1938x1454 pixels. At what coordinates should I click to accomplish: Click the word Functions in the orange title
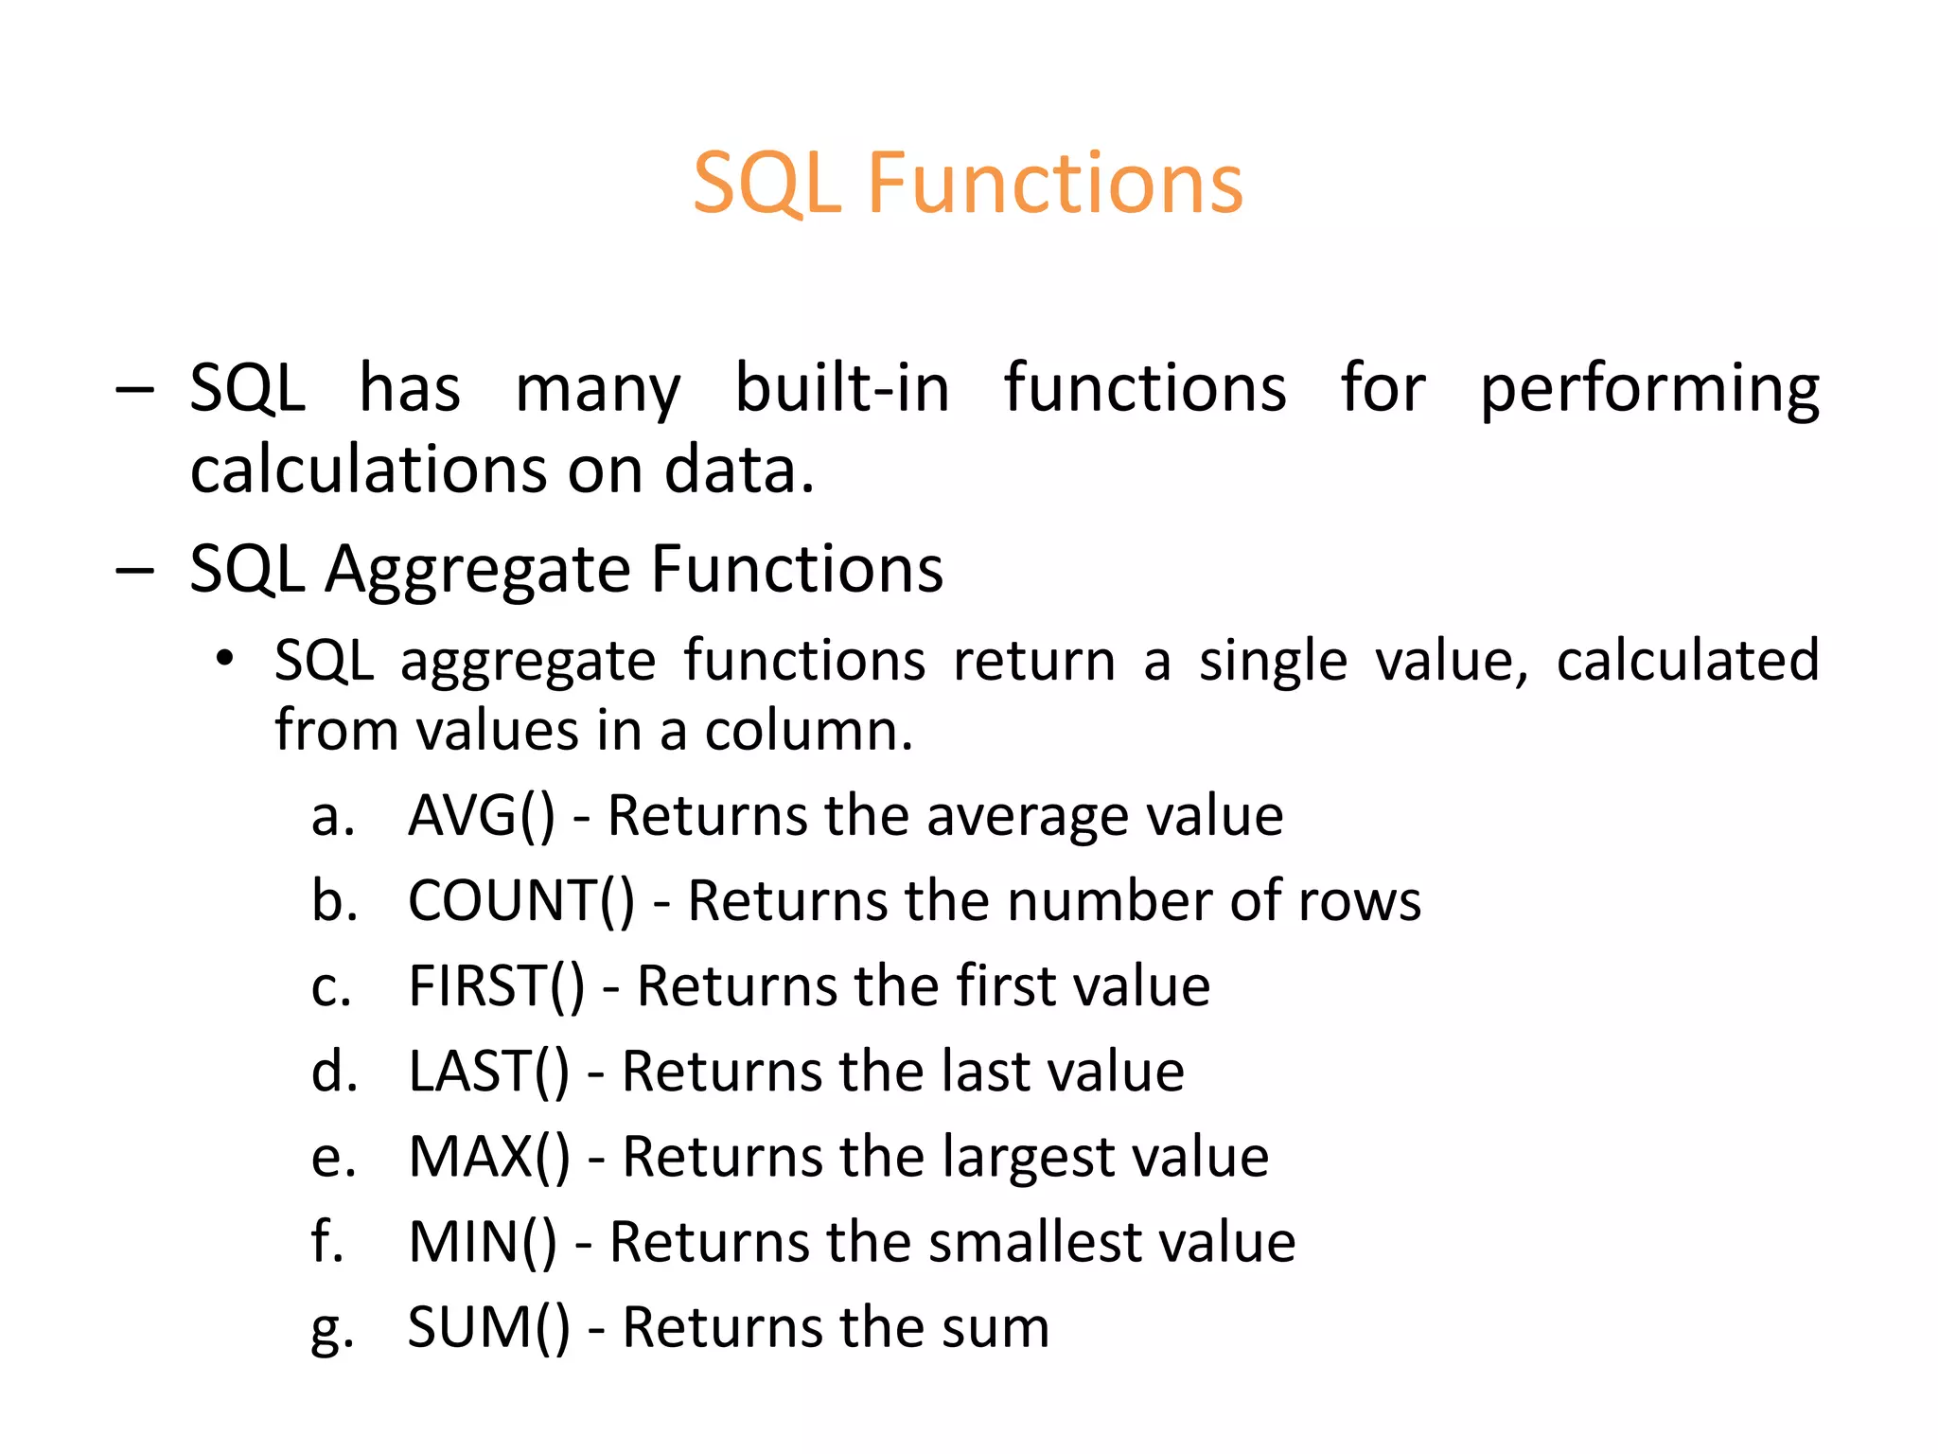click(x=1054, y=184)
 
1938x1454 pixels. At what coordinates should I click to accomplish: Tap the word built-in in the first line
click(x=842, y=388)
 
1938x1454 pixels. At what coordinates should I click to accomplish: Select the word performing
click(x=1649, y=390)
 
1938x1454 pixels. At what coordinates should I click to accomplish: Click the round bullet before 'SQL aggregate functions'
click(x=223, y=658)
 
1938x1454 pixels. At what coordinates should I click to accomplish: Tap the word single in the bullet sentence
click(x=1273, y=661)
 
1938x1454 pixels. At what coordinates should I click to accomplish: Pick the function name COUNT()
click(x=521, y=900)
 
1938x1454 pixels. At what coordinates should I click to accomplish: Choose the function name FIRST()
click(x=497, y=986)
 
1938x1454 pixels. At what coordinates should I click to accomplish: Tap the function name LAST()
click(x=489, y=1072)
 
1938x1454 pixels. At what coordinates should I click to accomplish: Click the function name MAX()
click(x=489, y=1157)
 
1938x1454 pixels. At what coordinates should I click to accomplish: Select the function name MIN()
click(x=483, y=1242)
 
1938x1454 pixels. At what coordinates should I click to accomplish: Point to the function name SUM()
click(x=489, y=1327)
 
